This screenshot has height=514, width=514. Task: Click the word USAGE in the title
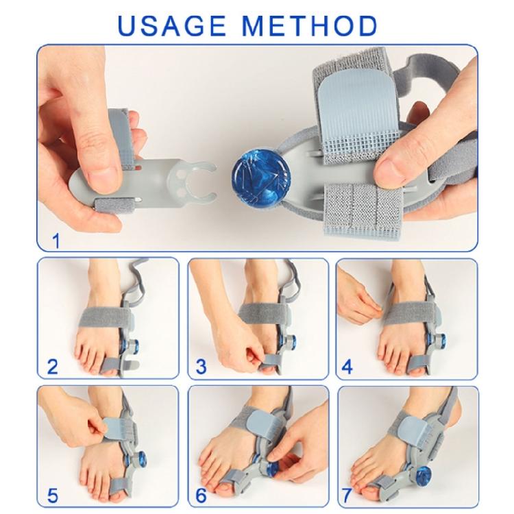(172, 25)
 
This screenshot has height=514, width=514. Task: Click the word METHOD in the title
(310, 25)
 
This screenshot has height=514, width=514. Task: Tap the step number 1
(56, 241)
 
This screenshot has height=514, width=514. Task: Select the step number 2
(53, 367)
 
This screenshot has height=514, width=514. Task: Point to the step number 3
(201, 367)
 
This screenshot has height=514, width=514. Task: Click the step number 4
(347, 367)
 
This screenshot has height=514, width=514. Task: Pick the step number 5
(53, 495)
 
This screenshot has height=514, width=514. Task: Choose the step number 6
(201, 495)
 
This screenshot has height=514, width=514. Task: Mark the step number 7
(347, 495)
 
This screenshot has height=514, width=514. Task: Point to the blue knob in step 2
(134, 345)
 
